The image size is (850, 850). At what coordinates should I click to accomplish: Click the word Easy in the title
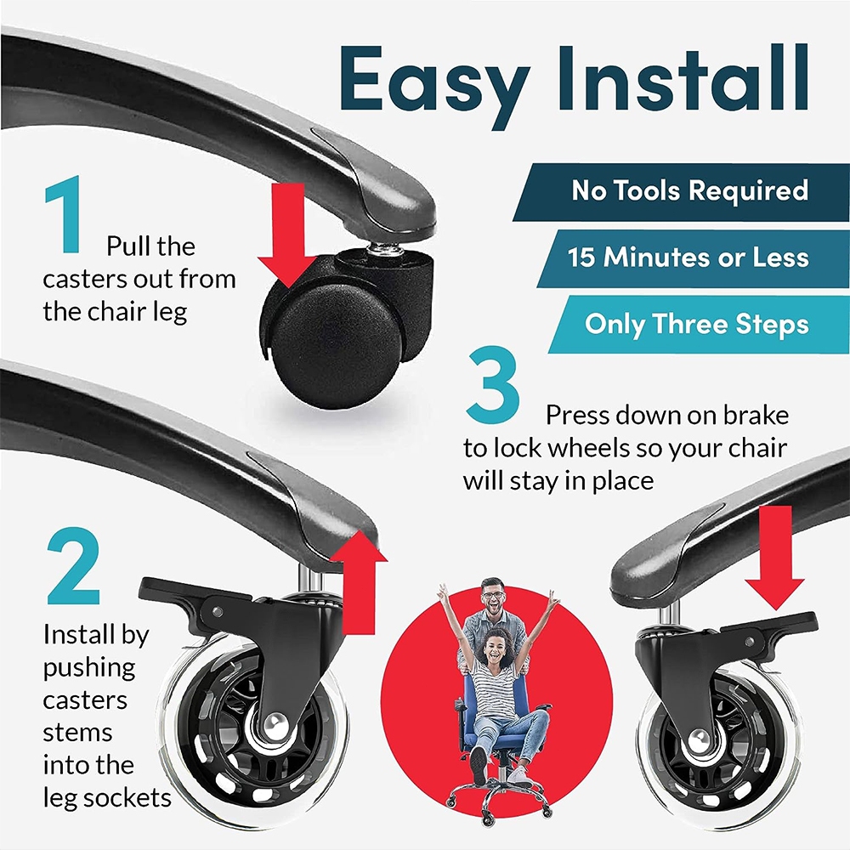[434, 85]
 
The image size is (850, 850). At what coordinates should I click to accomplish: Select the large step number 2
[73, 566]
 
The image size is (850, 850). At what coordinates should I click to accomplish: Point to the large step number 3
[493, 385]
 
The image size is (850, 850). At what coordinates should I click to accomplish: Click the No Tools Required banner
[682, 192]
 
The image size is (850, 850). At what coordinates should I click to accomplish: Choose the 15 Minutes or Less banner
[694, 258]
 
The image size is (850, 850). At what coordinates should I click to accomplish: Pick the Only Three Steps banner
[700, 324]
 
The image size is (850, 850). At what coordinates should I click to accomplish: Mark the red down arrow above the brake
[774, 558]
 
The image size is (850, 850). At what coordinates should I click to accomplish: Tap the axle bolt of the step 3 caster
[699, 737]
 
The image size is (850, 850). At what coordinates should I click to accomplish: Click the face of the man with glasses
[493, 597]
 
